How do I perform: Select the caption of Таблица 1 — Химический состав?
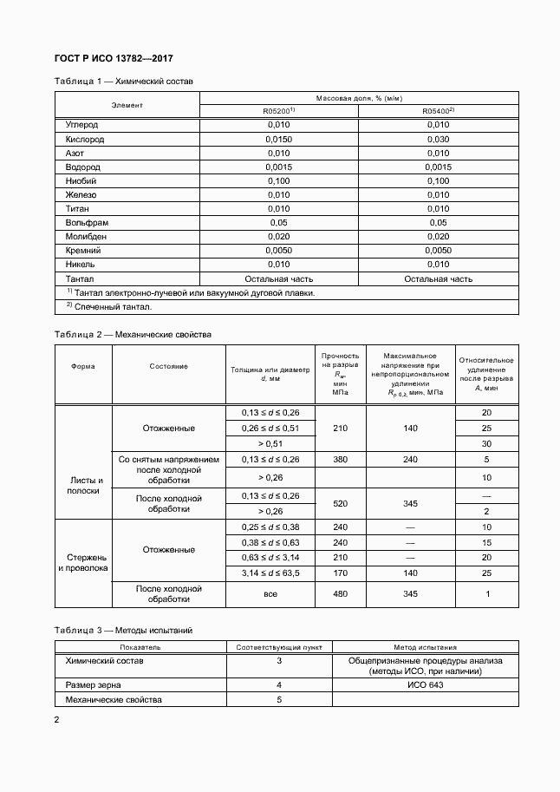[124, 82]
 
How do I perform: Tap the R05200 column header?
[279, 112]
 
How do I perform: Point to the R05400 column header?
[438, 112]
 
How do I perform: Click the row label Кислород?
[85, 139]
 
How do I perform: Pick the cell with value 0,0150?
[279, 139]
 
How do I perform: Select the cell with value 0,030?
[438, 139]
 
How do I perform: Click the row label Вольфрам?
[87, 223]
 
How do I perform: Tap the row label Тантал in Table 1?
[80, 279]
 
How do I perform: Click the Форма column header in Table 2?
[83, 366]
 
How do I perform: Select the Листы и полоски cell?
[86, 485]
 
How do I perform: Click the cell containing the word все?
[270, 593]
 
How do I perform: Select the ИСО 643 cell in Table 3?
[424, 685]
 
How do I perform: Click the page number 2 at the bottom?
[57, 721]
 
